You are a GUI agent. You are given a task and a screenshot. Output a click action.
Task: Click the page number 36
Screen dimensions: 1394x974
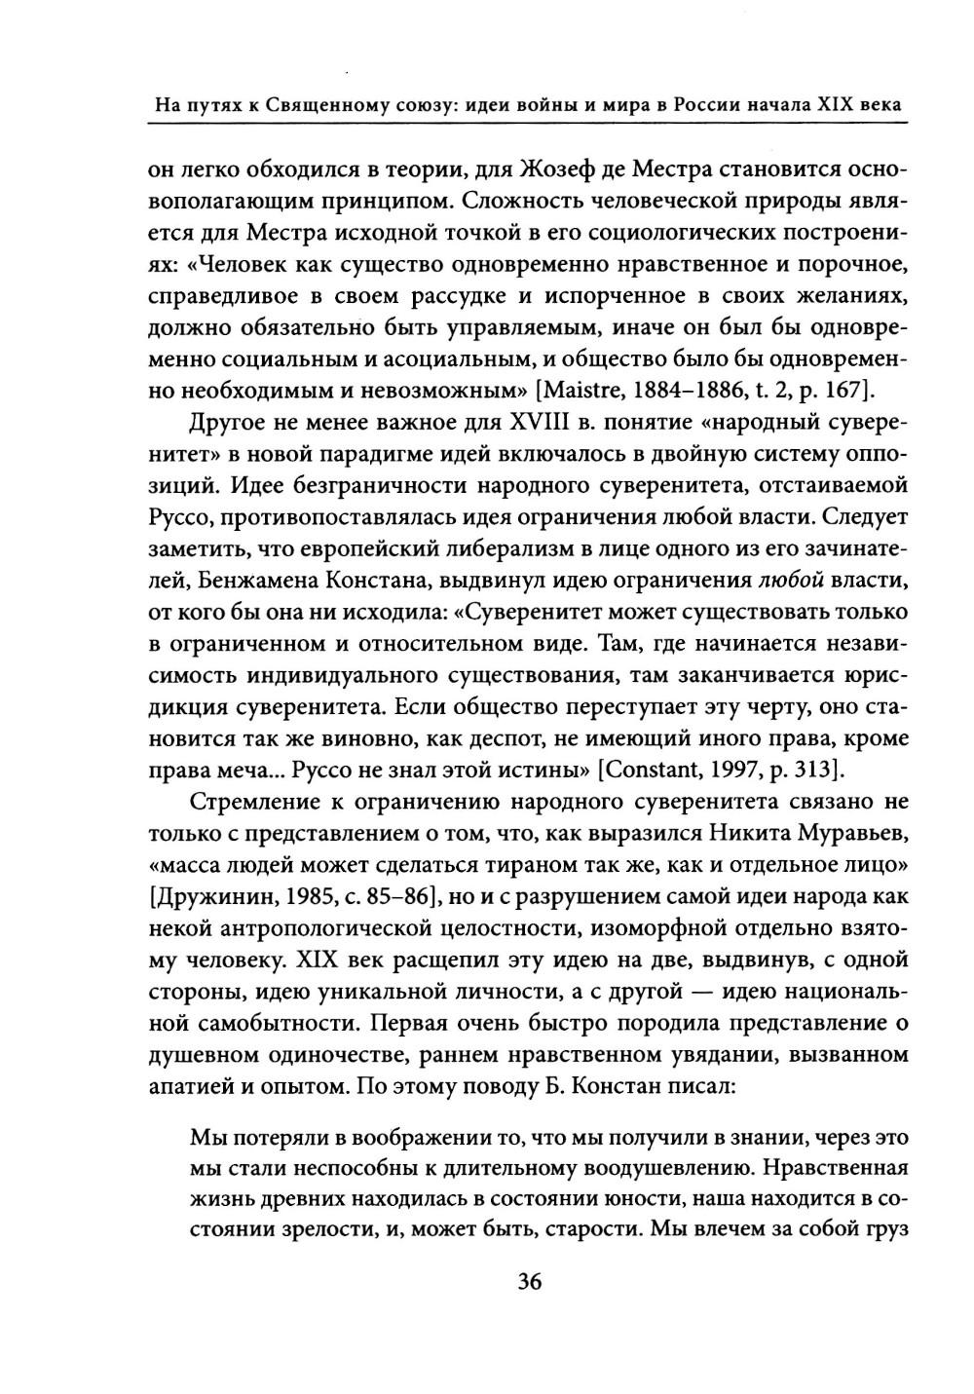529,1280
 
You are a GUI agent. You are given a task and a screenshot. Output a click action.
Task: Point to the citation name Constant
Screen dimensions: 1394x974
652,771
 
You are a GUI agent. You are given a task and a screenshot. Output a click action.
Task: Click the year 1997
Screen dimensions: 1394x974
743,771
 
